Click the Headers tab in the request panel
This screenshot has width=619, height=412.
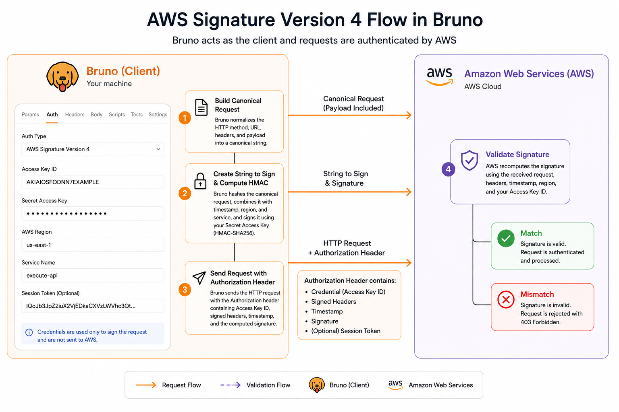75,115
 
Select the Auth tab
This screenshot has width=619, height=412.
52,115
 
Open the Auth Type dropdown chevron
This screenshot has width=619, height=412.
158,149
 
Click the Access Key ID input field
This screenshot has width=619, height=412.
93,182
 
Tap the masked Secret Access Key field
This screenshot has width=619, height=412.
93,213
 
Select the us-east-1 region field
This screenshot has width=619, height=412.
93,245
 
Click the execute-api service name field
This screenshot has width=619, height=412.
93,275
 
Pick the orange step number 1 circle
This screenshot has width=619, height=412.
185,118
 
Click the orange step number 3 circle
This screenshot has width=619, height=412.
185,289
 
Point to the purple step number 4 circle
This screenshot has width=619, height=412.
448,169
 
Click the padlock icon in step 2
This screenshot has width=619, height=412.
200,181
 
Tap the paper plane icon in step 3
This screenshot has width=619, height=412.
199,278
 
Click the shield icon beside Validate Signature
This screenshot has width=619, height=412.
469,160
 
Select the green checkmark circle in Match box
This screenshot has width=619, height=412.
506,238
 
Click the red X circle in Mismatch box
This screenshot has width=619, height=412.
506,299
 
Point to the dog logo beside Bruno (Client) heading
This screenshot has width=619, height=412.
62,77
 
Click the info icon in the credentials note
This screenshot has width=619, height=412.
29,332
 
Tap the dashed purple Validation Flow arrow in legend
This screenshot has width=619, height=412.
231,385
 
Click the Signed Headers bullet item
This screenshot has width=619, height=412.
334,302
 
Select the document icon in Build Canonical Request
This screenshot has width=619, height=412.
201,107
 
